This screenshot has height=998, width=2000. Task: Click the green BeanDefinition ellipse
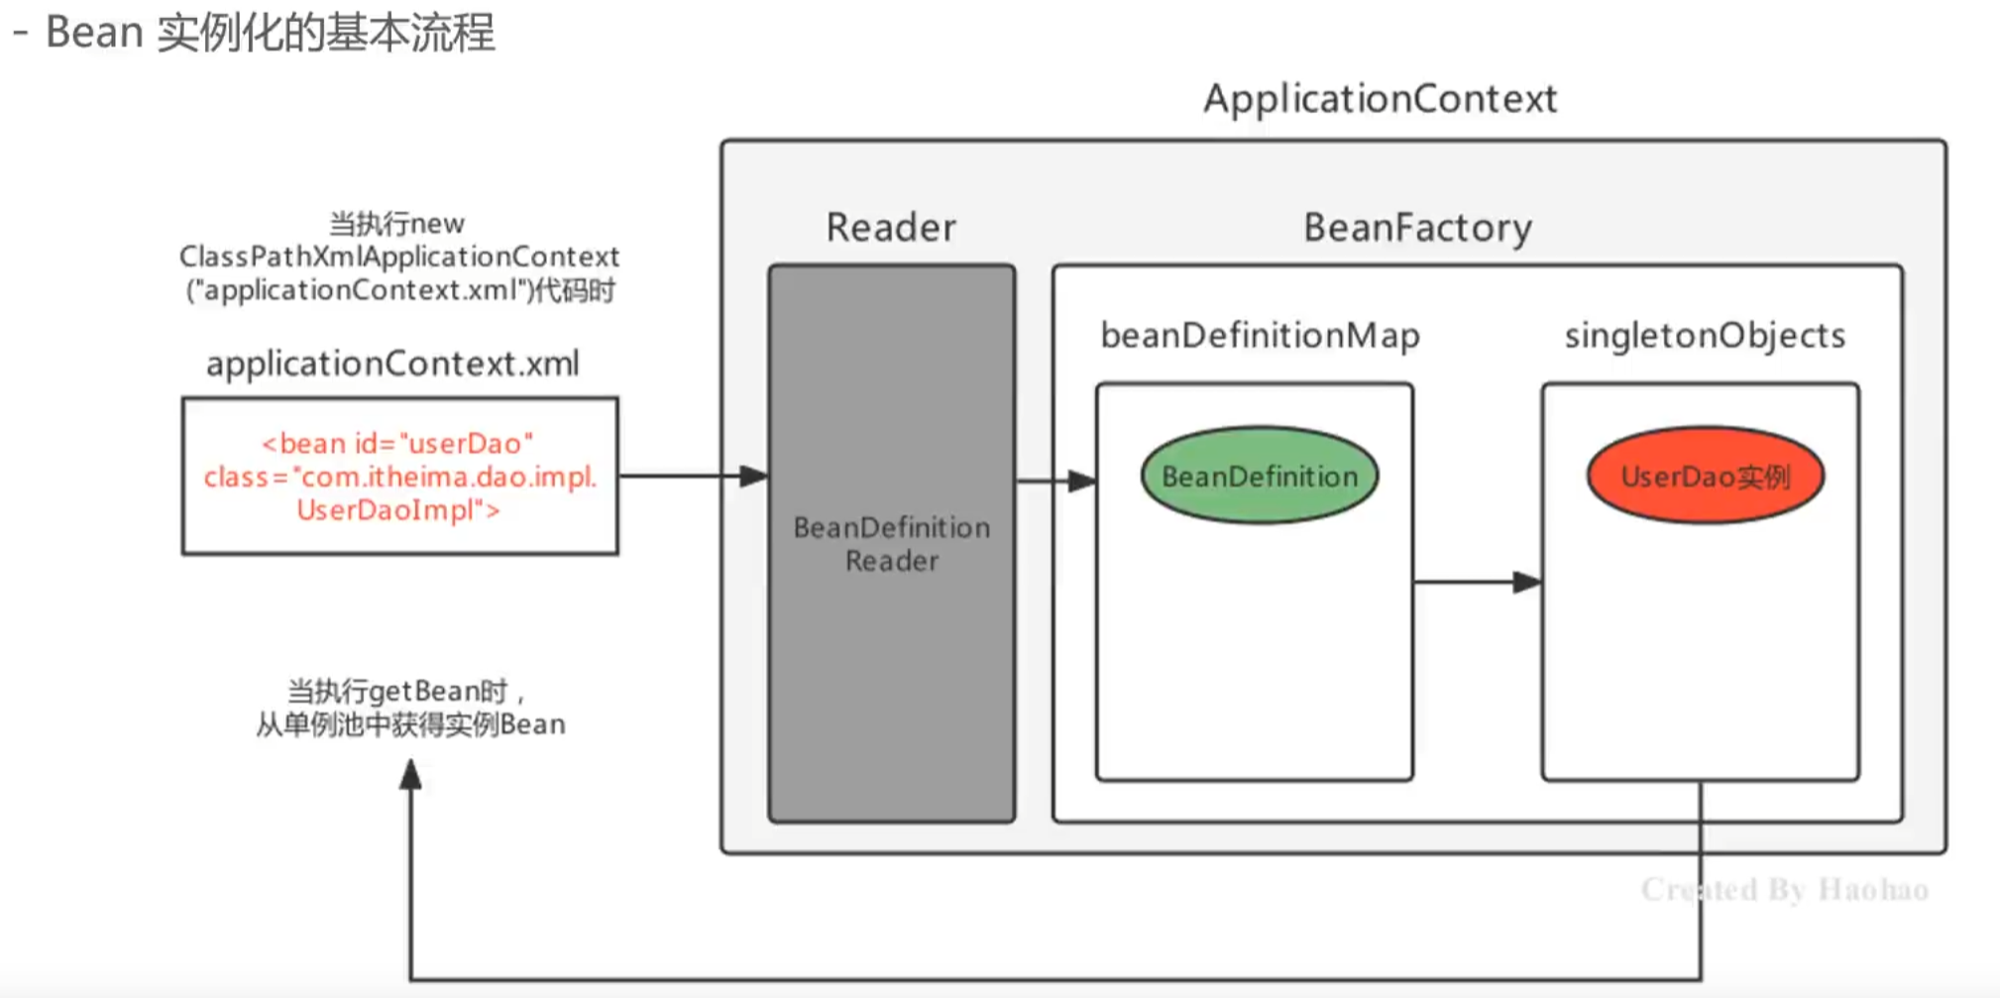pos(1259,477)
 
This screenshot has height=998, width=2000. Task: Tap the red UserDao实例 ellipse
pos(1705,477)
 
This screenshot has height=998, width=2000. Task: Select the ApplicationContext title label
pos(1380,99)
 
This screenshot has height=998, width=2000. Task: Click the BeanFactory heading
pos(1417,228)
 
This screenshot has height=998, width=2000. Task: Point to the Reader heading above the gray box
pos(891,228)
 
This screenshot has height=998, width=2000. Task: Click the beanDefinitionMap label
pos(1260,336)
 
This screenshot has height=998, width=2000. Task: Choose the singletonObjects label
pos(1705,336)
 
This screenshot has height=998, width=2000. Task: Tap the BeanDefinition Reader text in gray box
pos(891,544)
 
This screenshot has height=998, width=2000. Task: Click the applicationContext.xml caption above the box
pos(392,364)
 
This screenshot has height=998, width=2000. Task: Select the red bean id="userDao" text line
pos(397,443)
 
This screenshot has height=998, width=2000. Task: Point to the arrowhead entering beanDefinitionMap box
pos(1083,482)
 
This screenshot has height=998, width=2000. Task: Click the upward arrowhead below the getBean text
pos(410,774)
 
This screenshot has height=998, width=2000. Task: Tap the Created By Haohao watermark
pos(1784,890)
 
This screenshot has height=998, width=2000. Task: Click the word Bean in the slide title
pos(94,33)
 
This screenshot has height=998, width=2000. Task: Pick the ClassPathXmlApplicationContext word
pos(398,257)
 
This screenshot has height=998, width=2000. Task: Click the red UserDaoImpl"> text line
pos(397,510)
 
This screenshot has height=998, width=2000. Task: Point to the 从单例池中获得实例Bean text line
pos(410,724)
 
